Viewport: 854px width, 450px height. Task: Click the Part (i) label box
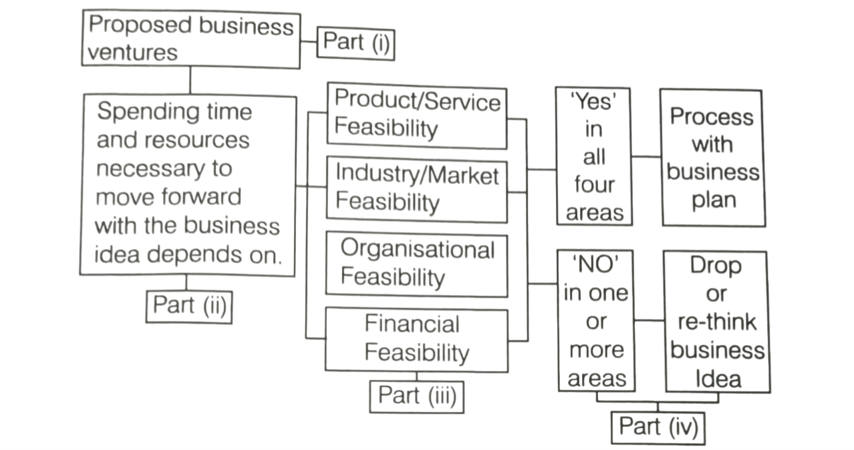(x=355, y=42)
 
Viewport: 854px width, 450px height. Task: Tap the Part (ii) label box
(x=189, y=306)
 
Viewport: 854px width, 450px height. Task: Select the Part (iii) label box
(x=416, y=395)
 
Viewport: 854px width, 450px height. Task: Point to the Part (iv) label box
(x=658, y=427)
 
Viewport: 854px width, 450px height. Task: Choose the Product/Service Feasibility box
(x=416, y=115)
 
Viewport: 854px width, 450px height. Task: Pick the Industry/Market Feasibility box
(x=416, y=189)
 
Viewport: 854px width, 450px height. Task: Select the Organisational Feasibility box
(x=416, y=264)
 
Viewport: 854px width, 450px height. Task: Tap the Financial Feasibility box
(x=416, y=339)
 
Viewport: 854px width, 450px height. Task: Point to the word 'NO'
(x=594, y=264)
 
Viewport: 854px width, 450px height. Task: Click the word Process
(x=711, y=117)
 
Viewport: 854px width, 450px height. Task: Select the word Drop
(x=715, y=266)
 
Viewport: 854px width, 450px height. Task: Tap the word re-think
(x=717, y=322)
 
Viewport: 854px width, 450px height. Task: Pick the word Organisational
(x=418, y=250)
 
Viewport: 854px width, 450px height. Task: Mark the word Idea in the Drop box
(x=718, y=379)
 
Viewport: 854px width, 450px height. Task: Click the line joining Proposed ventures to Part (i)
(x=308, y=41)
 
